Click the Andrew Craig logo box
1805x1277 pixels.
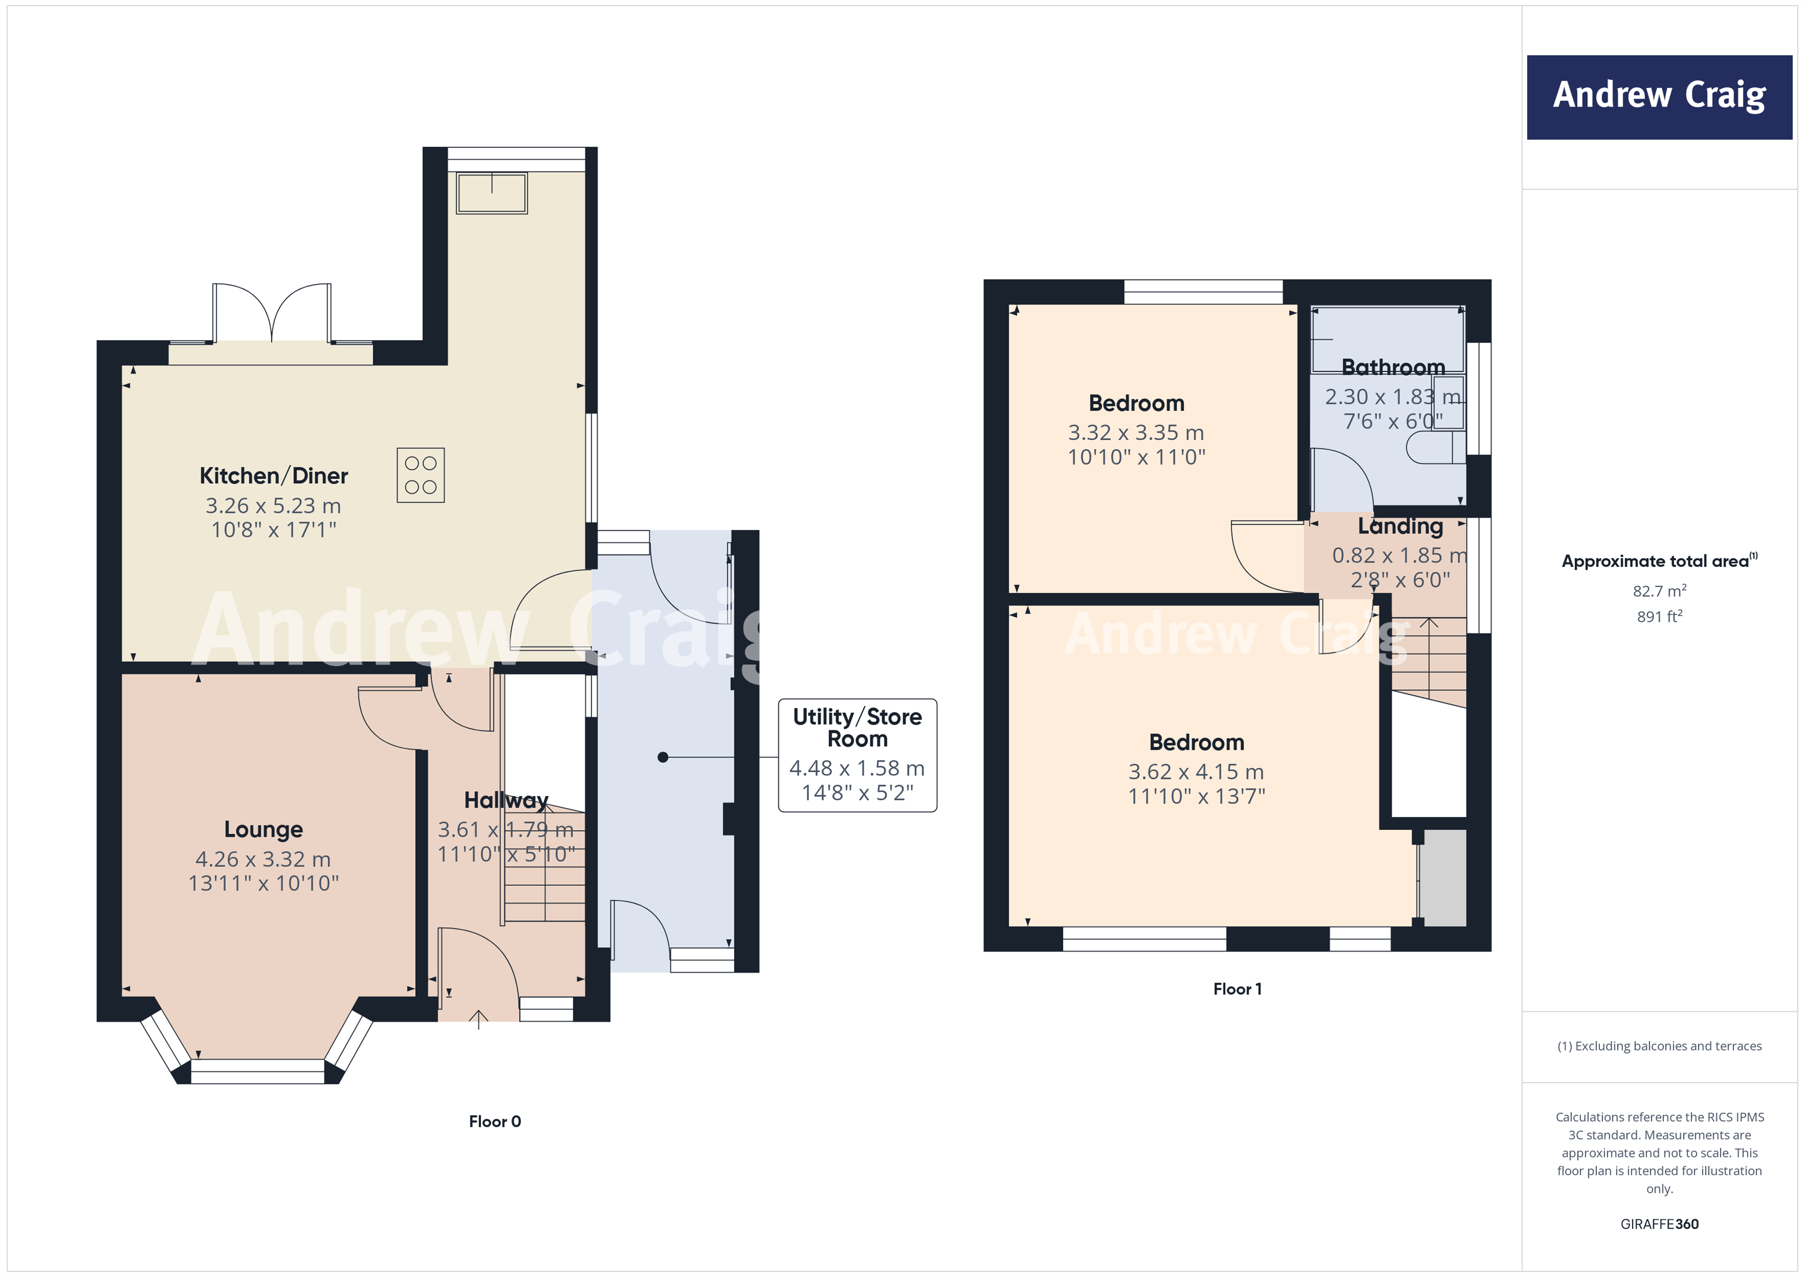click(1659, 97)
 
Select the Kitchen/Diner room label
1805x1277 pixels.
click(273, 476)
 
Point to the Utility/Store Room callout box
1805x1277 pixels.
click(857, 755)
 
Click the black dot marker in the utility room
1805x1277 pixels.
click(663, 757)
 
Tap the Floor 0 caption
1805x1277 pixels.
click(494, 1121)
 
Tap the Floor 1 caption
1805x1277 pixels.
click(1237, 989)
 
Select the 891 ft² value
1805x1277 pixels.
click(1659, 617)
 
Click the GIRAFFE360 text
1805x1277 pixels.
click(1659, 1224)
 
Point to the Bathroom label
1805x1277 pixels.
click(1393, 367)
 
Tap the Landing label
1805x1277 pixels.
click(1400, 526)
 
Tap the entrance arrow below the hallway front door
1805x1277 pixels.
click(479, 1020)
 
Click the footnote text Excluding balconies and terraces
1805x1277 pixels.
click(1659, 1046)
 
